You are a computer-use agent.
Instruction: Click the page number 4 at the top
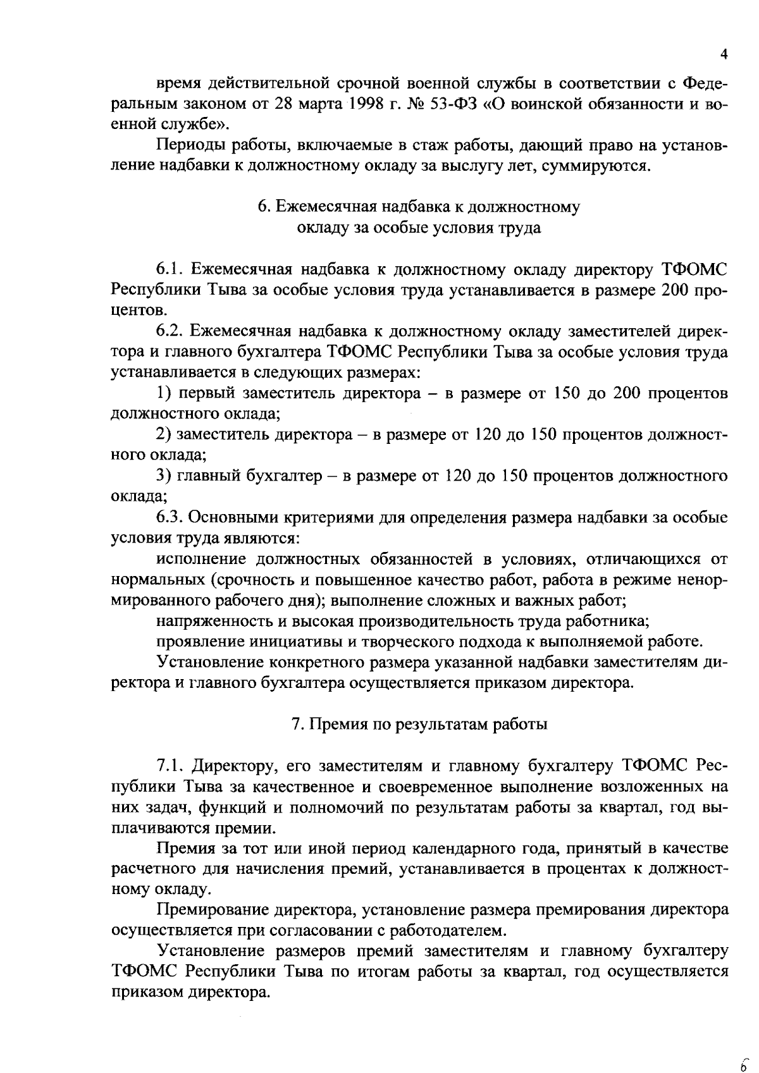724,54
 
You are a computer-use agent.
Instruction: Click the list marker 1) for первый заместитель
164,393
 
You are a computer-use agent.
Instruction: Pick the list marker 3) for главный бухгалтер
164,475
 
